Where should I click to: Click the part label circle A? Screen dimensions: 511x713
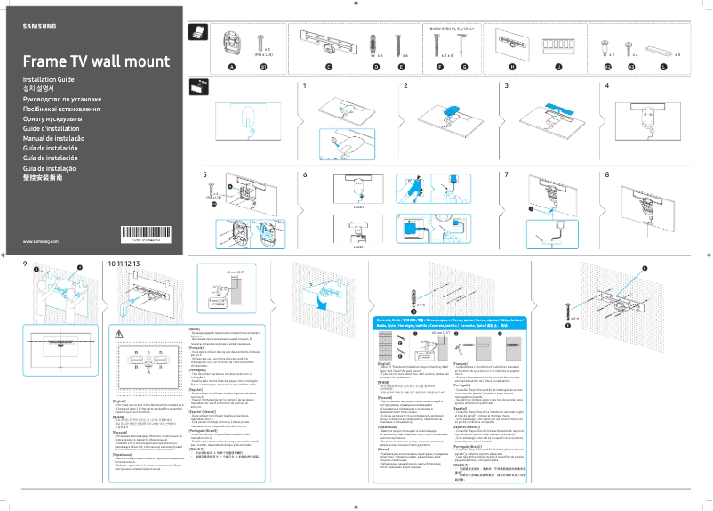tap(232, 68)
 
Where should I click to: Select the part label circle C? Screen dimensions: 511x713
tap(328, 68)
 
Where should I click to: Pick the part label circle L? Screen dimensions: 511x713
tap(663, 68)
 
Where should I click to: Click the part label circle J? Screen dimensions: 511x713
tap(558, 68)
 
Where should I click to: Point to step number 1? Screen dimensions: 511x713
tap(304, 86)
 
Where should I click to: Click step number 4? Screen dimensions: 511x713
tap(607, 86)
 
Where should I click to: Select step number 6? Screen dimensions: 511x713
tap(304, 175)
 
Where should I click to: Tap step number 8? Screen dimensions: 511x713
tap(607, 175)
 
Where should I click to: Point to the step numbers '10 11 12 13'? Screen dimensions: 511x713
tap(124, 264)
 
